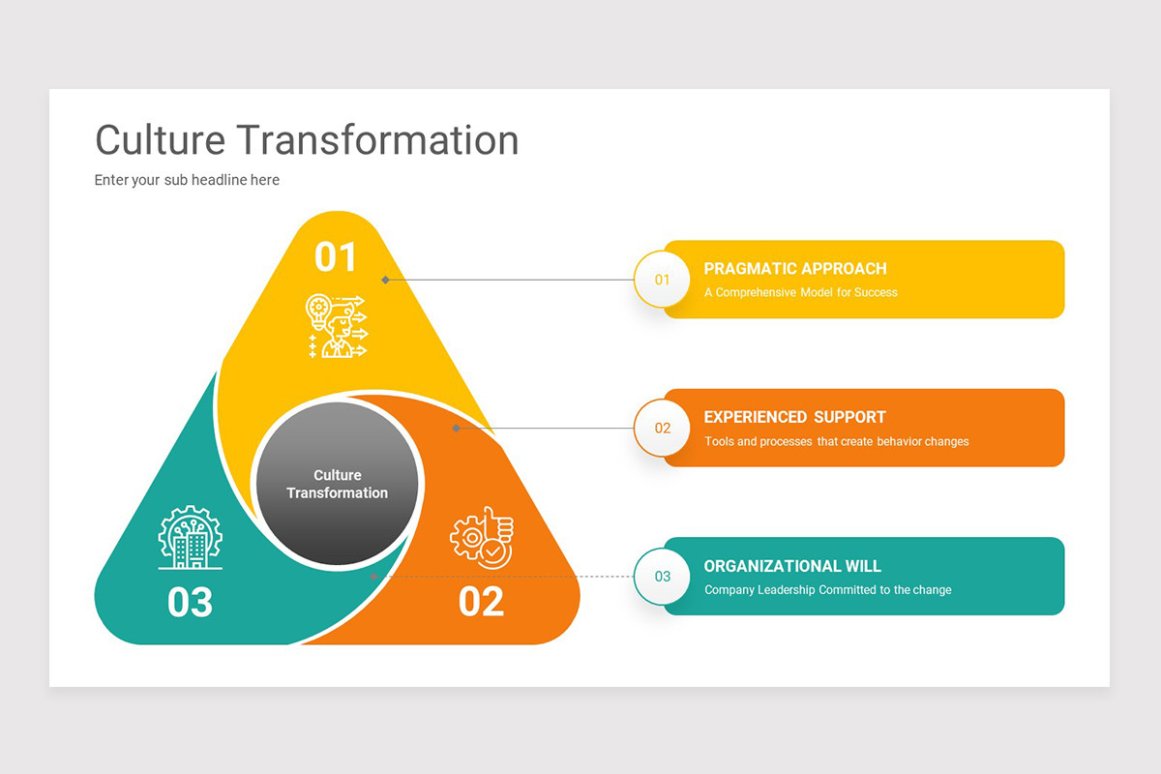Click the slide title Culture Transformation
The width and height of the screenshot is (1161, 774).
(x=307, y=139)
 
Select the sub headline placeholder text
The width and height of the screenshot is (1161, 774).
(x=187, y=180)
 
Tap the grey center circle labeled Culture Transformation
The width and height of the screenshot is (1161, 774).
(x=336, y=484)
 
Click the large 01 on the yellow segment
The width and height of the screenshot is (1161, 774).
(x=336, y=257)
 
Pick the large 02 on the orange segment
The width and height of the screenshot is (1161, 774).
(x=481, y=602)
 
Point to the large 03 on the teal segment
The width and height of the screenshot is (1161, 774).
(x=190, y=602)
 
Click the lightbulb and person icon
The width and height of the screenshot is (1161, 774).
(x=336, y=326)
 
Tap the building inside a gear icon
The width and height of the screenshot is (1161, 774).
(x=190, y=537)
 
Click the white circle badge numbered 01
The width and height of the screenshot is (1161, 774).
(x=662, y=280)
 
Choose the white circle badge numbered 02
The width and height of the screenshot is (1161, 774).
(x=662, y=428)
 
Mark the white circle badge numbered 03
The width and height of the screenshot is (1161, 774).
(x=662, y=577)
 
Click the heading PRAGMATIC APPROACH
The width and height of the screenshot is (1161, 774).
(x=794, y=269)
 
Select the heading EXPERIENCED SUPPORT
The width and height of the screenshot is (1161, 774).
(x=794, y=417)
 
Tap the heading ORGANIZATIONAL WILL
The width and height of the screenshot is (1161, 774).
(x=792, y=566)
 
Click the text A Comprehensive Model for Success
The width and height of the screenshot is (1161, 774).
(x=800, y=292)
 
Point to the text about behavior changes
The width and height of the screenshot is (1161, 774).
(x=836, y=441)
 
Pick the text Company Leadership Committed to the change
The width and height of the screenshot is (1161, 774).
(x=827, y=590)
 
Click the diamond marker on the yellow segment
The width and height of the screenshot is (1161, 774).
(x=385, y=280)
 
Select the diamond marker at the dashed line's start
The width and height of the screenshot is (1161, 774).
(x=374, y=577)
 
